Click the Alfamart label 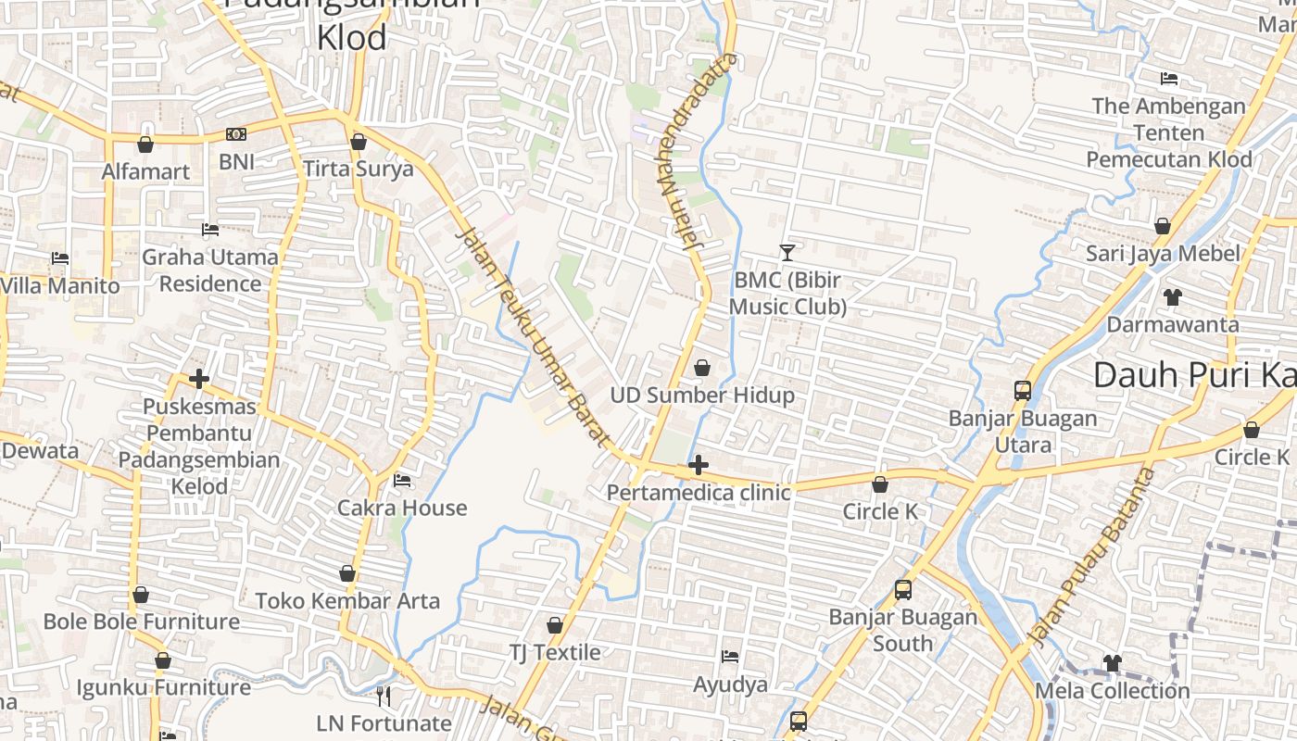(145, 171)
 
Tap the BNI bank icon (236, 134)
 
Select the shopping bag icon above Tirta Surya (359, 142)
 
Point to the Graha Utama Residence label (210, 270)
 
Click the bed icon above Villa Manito (60, 257)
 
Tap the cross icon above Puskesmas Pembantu (198, 379)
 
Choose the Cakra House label (402, 508)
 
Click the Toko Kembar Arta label (347, 601)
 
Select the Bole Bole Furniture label (142, 622)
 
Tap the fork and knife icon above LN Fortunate (384, 696)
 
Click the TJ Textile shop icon (555, 625)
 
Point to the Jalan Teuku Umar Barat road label (531, 339)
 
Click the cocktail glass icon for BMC (787, 252)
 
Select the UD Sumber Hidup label (702, 396)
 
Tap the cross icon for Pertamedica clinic (699, 465)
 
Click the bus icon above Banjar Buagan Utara (1023, 390)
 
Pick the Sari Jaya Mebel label (1163, 253)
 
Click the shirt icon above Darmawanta (1173, 297)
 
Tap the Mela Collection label (1112, 691)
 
